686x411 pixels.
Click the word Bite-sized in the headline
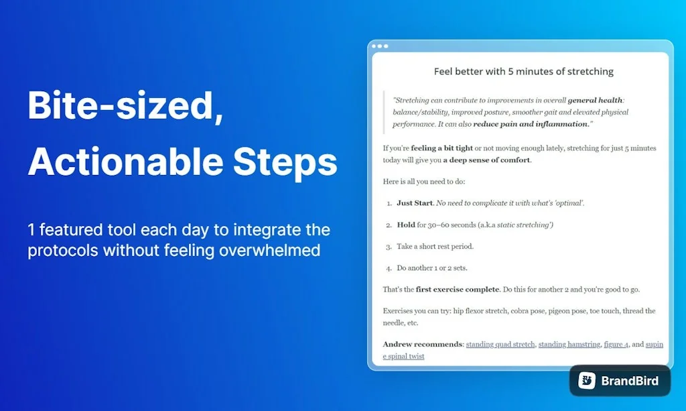(125, 106)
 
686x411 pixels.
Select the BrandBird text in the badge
(629, 381)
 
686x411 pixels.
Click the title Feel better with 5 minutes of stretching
(523, 71)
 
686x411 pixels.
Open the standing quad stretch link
(500, 344)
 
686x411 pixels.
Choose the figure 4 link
(616, 344)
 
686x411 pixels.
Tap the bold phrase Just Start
(415, 202)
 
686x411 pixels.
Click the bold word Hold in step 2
(406, 225)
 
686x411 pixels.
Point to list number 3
(389, 247)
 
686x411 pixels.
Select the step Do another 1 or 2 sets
(432, 268)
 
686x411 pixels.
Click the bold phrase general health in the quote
(595, 101)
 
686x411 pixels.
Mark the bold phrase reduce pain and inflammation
(531, 124)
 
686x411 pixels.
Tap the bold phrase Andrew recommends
(423, 344)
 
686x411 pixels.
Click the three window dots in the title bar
(380, 46)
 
